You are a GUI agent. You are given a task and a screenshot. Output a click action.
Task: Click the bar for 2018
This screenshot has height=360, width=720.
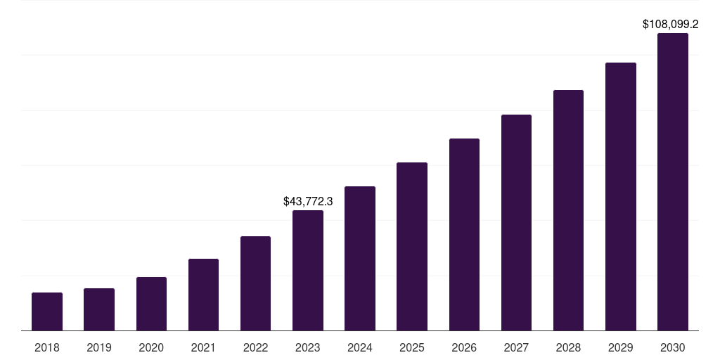tap(47, 311)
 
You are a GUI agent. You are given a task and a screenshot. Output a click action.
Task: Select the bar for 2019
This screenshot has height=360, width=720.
tap(99, 309)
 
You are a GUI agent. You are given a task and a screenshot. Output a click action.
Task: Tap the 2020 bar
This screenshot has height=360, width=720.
tap(151, 304)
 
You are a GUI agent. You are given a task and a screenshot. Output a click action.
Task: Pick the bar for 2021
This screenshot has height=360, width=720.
tap(203, 295)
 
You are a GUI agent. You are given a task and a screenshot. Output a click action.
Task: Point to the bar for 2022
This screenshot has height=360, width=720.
tap(255, 283)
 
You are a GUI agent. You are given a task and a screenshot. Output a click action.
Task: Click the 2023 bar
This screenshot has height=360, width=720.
tap(308, 271)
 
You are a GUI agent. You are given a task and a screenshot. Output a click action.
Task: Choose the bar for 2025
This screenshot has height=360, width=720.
tap(412, 246)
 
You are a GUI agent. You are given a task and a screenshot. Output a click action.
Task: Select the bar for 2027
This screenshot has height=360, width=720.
tap(516, 222)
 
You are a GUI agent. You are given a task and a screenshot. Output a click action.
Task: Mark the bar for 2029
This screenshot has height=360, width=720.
tap(621, 196)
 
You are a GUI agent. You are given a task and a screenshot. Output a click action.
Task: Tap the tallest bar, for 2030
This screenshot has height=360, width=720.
tap(673, 181)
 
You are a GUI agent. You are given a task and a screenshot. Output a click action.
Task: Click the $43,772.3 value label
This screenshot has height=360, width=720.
tap(308, 201)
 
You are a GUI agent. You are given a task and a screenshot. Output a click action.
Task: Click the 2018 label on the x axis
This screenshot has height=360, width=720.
tap(47, 347)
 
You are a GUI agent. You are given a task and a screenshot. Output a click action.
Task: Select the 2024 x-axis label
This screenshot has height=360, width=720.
tap(360, 347)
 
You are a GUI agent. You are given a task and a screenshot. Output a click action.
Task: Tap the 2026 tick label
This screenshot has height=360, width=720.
tap(464, 347)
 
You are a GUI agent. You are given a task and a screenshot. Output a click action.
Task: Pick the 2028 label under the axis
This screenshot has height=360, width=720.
tap(568, 347)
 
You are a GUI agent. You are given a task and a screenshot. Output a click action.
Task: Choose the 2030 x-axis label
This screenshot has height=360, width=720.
tap(673, 347)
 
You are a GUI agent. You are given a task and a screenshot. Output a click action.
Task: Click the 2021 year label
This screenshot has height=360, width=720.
tap(203, 347)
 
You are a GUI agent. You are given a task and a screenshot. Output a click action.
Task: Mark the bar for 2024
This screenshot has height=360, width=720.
tap(360, 258)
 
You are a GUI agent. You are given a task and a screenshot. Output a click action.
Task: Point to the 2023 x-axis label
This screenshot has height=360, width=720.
tap(308, 347)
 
